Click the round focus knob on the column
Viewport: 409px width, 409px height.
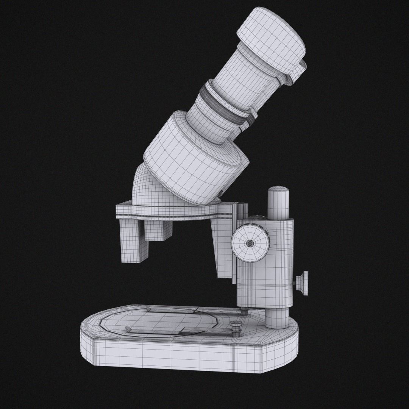coord(250,243)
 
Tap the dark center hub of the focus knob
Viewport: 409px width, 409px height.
coord(250,244)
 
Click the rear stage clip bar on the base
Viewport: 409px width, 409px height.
coord(170,310)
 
